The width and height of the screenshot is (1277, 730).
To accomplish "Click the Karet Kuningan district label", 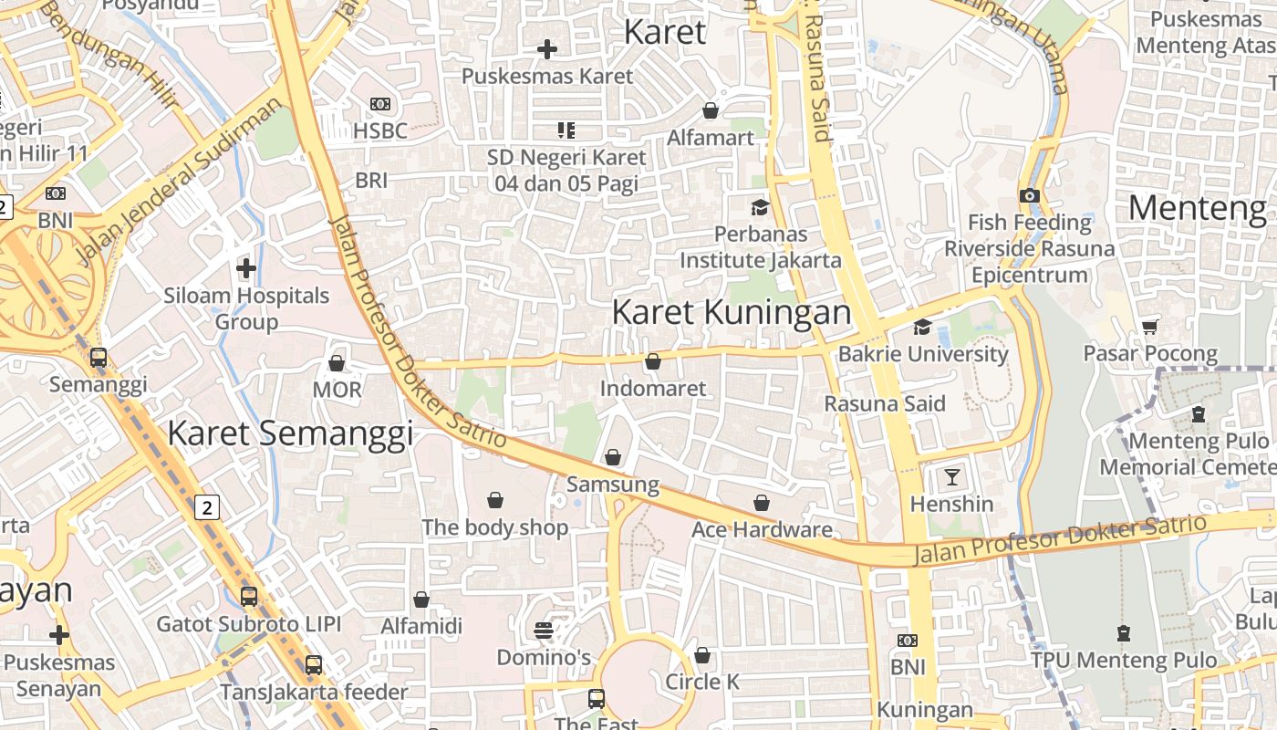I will (x=732, y=312).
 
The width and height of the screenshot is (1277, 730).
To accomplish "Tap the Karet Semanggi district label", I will (x=290, y=433).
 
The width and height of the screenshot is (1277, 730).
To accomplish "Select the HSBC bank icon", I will (x=379, y=105).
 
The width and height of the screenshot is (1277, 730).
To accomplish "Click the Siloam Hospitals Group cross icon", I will (x=246, y=268).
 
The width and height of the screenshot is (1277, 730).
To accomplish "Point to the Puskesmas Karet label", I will (x=547, y=76).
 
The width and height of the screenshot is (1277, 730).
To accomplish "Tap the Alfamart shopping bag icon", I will (x=711, y=110).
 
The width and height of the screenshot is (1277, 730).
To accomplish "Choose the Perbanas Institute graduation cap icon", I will (x=760, y=207).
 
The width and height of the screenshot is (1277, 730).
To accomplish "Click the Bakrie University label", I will (x=923, y=354).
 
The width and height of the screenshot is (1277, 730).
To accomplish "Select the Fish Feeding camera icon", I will (x=1030, y=195).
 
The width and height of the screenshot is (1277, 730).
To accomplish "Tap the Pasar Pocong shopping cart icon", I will (x=1150, y=327).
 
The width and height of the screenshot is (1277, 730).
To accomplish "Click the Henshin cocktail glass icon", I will (x=952, y=476).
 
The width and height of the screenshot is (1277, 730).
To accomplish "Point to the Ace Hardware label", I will (x=762, y=529).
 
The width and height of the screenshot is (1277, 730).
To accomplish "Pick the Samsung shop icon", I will (x=613, y=456).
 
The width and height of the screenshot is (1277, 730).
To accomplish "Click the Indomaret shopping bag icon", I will (x=653, y=362).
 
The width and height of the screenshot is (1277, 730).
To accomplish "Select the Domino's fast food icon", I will (x=544, y=631).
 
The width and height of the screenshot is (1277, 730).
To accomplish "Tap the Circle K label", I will (x=702, y=682).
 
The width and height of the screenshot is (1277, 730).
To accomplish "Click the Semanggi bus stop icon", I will (x=99, y=358).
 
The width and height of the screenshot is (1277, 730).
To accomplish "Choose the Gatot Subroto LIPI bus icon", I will (x=249, y=598).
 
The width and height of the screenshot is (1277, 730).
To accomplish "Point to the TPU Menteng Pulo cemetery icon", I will (x=1124, y=632).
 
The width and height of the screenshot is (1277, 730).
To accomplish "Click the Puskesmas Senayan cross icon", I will (x=59, y=635).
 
